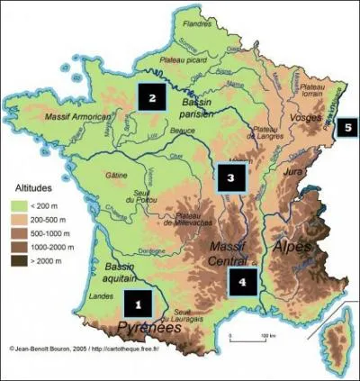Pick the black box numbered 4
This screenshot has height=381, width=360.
[x=242, y=281]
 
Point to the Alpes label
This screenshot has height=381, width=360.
[x=292, y=244]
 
